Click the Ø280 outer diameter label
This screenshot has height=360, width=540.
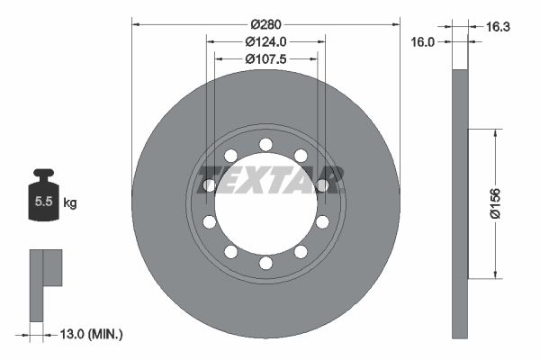(265, 22)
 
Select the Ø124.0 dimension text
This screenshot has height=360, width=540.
(265, 41)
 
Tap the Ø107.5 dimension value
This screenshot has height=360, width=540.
(265, 59)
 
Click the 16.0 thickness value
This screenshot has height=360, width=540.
(423, 41)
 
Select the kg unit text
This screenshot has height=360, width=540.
(70, 203)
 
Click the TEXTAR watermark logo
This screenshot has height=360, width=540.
(271, 179)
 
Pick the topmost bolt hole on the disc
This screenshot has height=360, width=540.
(265, 144)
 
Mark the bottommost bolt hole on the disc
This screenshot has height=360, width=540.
(265, 263)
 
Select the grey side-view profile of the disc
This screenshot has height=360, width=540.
(460, 203)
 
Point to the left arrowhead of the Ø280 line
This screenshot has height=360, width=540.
(136, 22)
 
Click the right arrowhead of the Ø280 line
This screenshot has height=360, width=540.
(395, 22)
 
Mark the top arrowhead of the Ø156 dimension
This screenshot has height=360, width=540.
(493, 133)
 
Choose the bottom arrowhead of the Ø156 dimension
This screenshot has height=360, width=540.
(493, 274)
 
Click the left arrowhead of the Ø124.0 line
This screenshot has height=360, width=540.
(211, 41)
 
